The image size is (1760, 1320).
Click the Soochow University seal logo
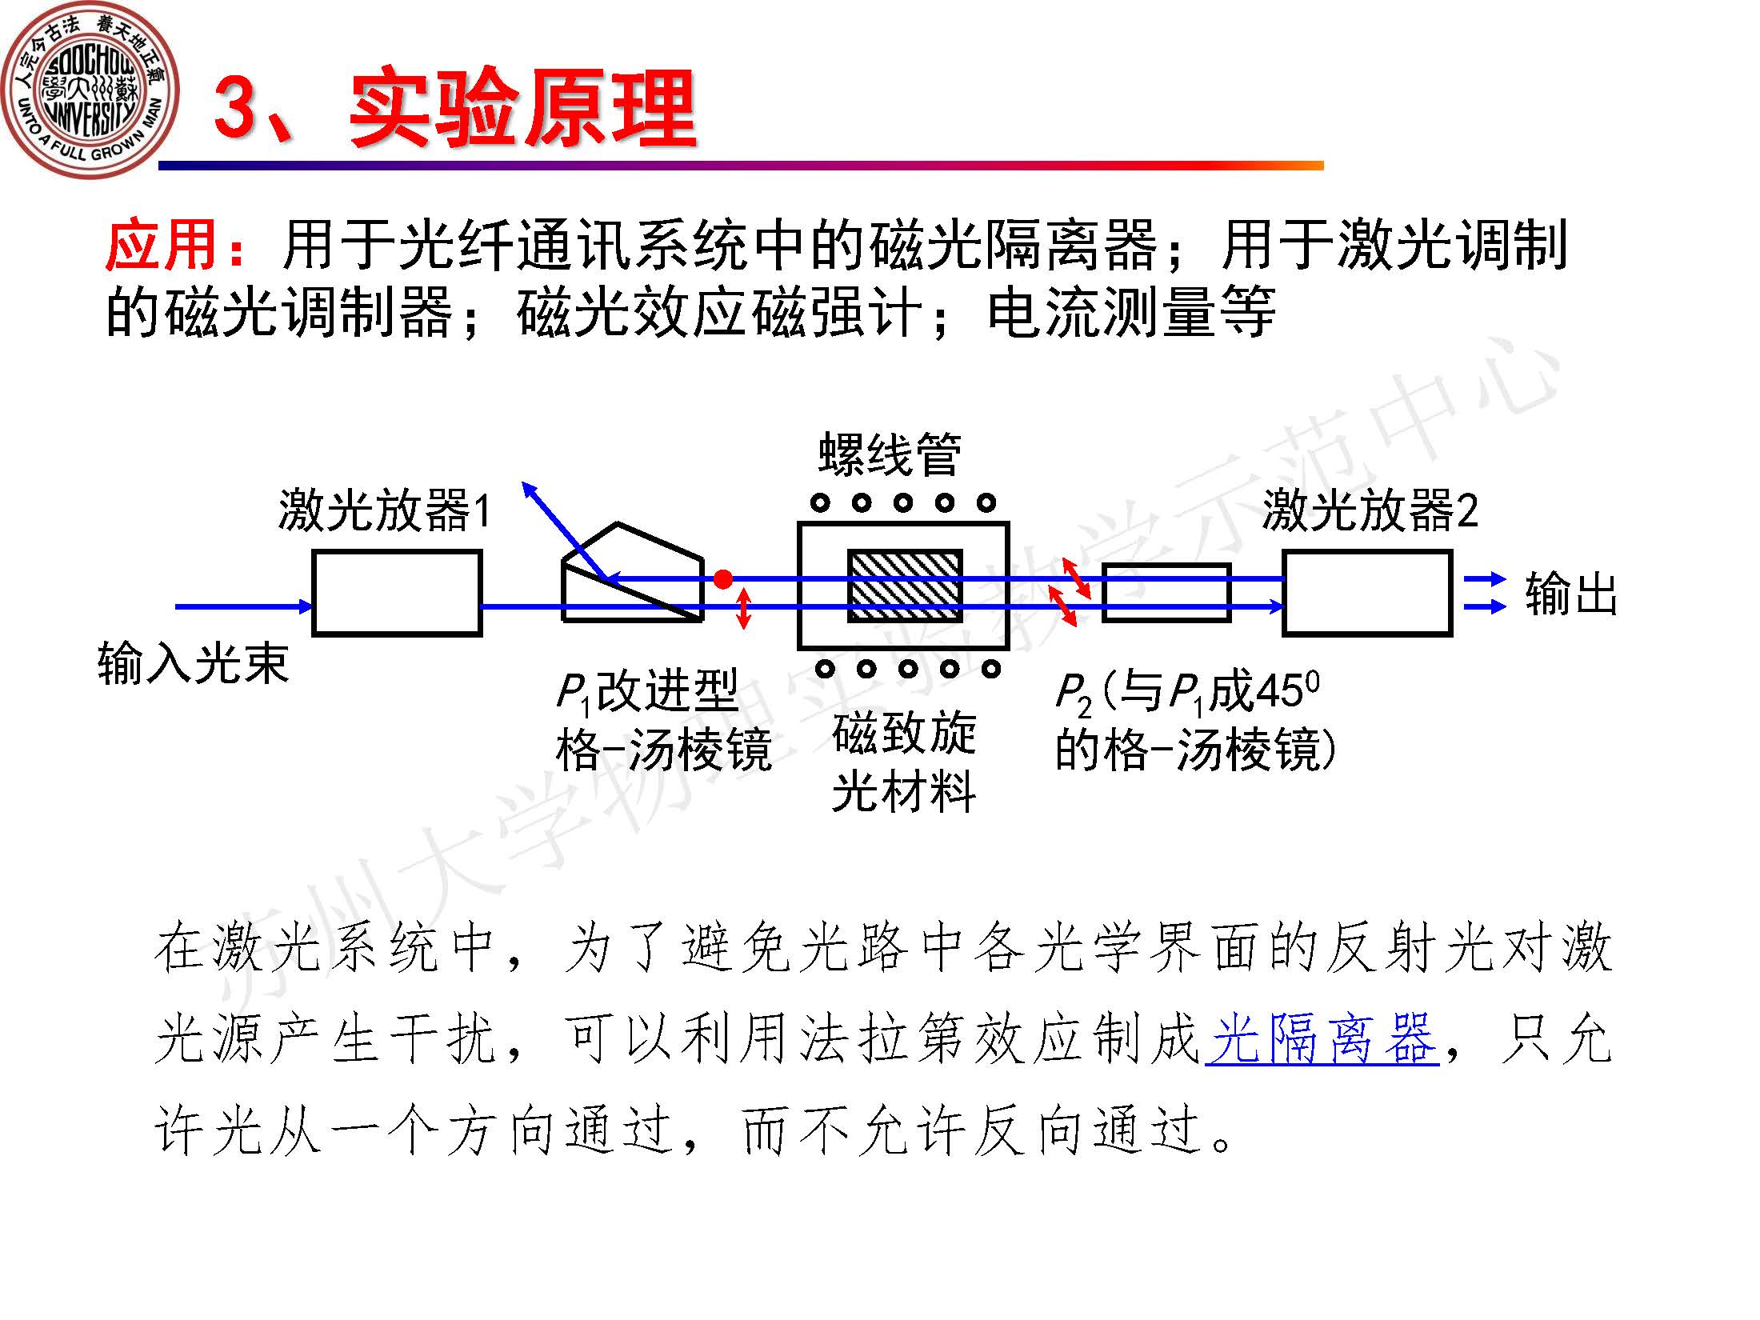(90, 90)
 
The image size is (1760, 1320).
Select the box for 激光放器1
(397, 593)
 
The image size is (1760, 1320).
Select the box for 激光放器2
(1367, 593)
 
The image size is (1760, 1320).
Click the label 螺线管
(890, 454)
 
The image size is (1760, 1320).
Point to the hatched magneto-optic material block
(905, 586)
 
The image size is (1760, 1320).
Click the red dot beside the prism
(722, 579)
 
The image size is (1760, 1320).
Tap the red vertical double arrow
(743, 608)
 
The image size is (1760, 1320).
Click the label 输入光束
(192, 664)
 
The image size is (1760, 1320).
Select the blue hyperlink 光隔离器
(1322, 1039)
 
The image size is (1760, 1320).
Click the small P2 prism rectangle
(1166, 593)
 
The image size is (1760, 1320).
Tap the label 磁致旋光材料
(904, 762)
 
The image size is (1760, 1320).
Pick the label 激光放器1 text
(384, 510)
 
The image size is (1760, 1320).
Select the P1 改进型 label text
(646, 691)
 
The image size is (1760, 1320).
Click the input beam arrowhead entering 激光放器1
(305, 606)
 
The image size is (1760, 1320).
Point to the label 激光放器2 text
(1370, 510)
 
